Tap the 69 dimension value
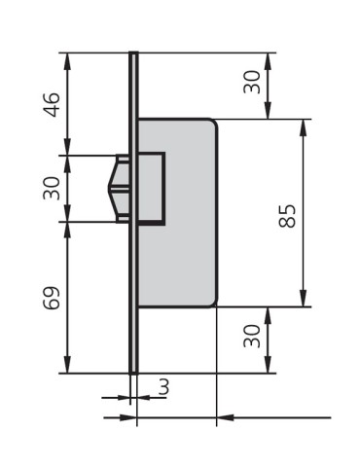[x=53, y=298]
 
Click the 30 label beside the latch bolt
[x=53, y=188]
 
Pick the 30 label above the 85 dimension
[x=252, y=84]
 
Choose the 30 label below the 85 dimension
[x=252, y=339]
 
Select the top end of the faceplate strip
[x=133, y=54]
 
